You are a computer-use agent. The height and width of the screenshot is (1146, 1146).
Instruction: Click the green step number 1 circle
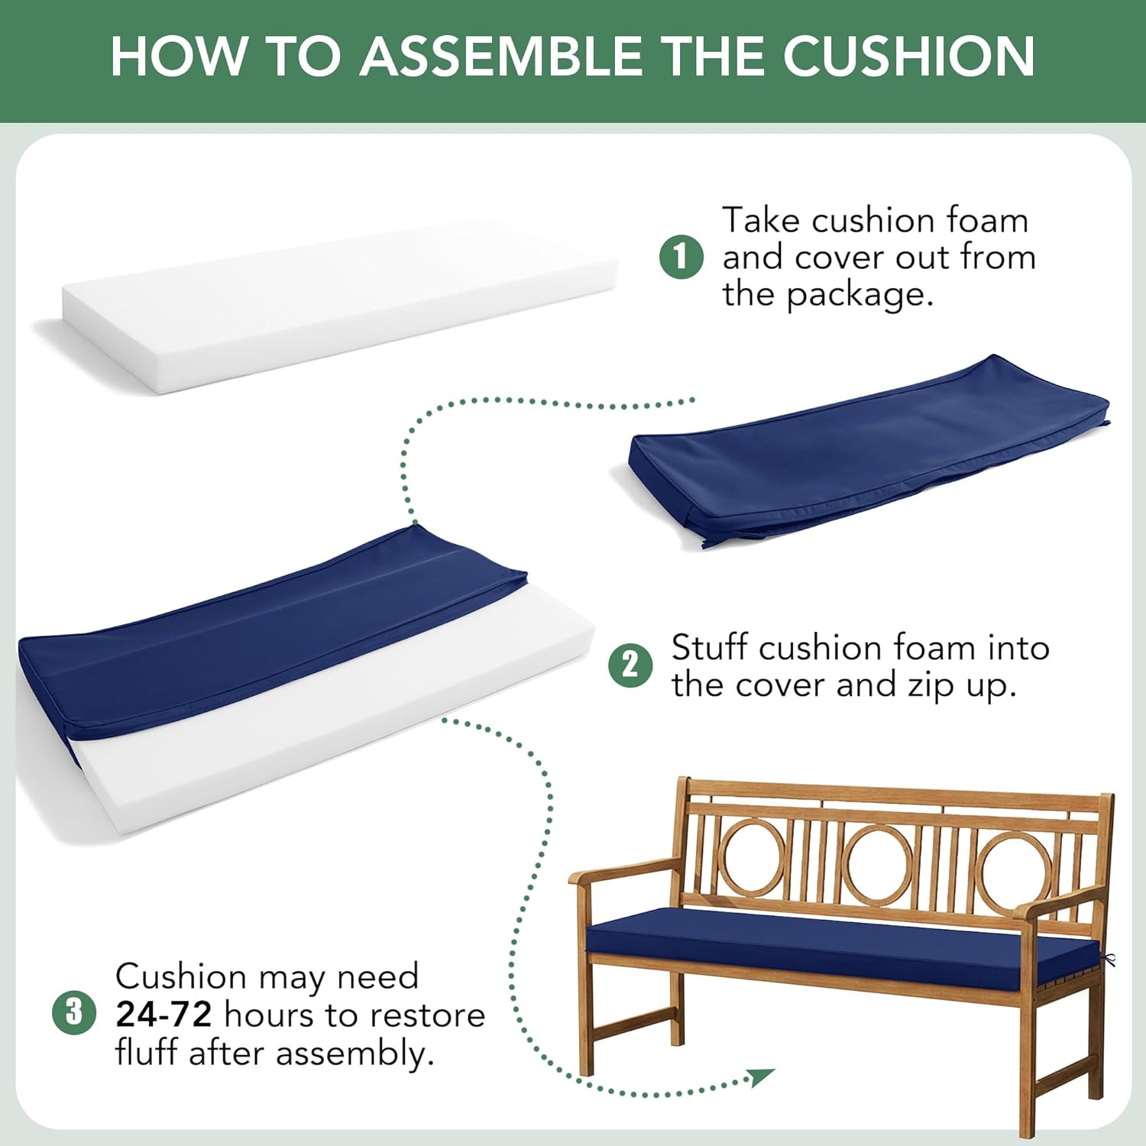pos(681,257)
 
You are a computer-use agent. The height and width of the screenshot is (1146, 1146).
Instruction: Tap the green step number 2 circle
pos(630,665)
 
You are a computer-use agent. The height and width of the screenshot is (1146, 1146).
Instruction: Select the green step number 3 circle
pos(74,1012)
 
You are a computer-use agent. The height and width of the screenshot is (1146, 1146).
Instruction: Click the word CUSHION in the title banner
pos(908,56)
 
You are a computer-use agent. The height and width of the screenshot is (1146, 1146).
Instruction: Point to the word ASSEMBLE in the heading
pos(501,56)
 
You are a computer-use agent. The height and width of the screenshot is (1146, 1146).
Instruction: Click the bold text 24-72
pos(163,1015)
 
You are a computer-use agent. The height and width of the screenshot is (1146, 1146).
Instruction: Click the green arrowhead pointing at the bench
pos(761,1077)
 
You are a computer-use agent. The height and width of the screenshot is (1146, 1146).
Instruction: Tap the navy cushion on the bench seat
pos(840,940)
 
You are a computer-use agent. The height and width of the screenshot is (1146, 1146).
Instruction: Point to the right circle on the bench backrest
pos(1016,871)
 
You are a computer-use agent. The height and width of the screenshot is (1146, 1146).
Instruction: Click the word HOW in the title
pos(180,56)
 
